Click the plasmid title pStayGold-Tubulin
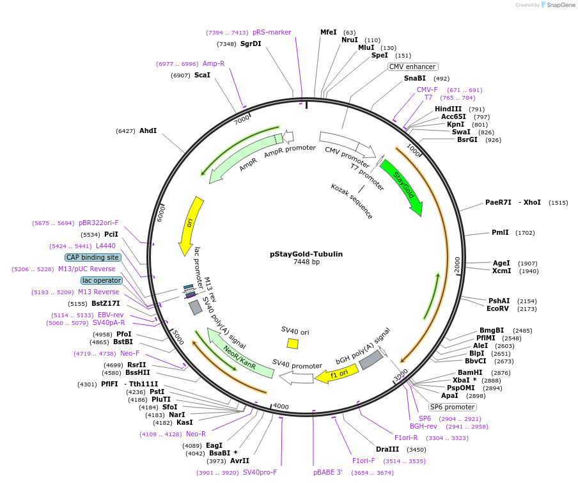tap(306, 254)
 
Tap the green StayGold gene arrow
tap(402, 186)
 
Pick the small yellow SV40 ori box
tap(293, 344)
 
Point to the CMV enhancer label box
tap(412, 67)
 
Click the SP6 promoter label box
tap(452, 407)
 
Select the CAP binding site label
tap(92, 257)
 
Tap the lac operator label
tap(101, 280)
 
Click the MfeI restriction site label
tap(328, 32)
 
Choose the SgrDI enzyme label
tap(251, 44)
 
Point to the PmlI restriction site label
tap(500, 232)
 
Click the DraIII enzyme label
tap(387, 449)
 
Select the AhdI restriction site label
tap(148, 131)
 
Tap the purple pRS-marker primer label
tap(272, 32)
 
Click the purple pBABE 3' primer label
tap(328, 472)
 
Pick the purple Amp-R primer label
tap(214, 63)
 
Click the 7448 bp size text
tap(306, 262)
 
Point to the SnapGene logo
tap(555, 5)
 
